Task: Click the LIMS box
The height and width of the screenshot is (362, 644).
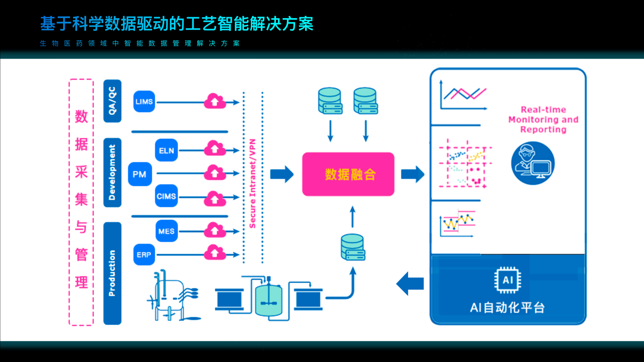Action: [144, 102]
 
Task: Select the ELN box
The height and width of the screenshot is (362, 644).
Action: [167, 150]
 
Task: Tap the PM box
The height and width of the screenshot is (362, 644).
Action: [139, 174]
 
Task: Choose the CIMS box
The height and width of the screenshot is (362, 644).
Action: [167, 196]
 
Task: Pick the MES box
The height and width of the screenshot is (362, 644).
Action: [167, 232]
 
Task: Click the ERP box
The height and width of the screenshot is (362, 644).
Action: [144, 255]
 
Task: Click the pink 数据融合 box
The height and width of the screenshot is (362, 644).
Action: [348, 174]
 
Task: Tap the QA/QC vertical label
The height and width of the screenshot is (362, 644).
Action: [112, 101]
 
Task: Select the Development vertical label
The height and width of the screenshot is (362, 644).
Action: [112, 172]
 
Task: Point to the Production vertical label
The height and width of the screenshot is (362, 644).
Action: [112, 273]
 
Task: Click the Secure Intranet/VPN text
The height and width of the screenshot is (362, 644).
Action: [253, 183]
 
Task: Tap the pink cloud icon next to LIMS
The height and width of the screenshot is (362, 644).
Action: [215, 101]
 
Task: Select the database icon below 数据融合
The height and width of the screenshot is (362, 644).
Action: [353, 247]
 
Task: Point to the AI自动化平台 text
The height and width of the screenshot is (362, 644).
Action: [507, 307]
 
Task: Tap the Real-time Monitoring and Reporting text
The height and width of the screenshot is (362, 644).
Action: [543, 119]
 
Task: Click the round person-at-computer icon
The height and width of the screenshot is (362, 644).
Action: [533, 162]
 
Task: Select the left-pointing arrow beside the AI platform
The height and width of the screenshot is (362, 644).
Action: [410, 284]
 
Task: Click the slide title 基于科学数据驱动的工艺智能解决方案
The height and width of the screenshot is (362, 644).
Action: [177, 23]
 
